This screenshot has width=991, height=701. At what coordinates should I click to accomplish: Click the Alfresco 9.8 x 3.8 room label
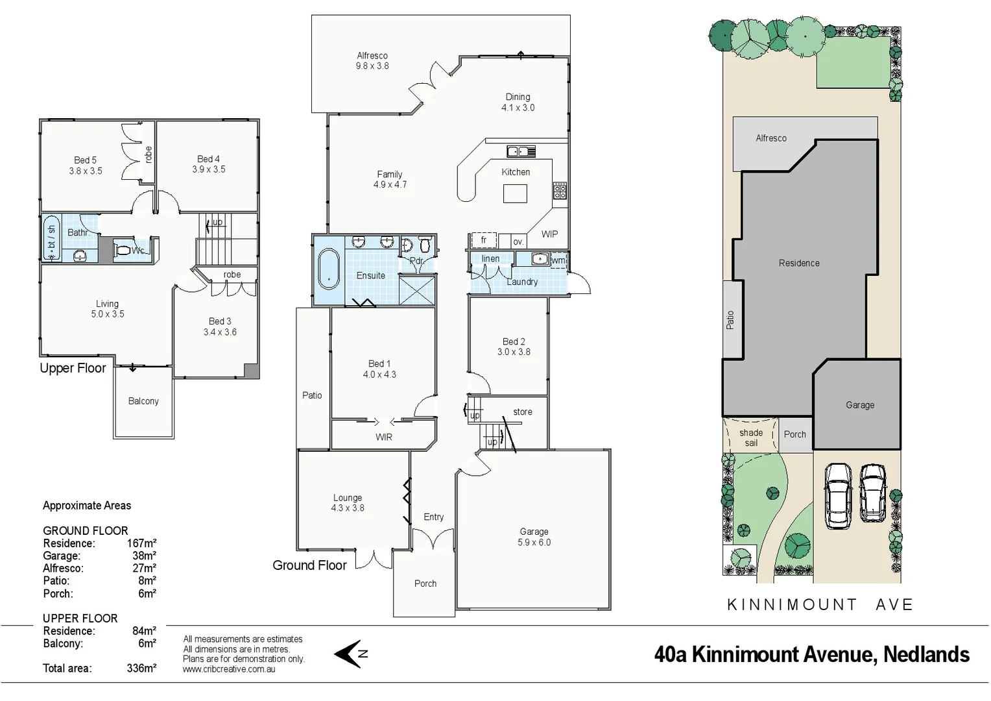point(372,61)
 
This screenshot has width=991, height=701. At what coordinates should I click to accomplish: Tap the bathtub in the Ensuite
point(329,269)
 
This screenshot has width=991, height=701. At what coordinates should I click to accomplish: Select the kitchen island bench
point(515,193)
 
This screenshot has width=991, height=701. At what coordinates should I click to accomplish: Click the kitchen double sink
point(521,152)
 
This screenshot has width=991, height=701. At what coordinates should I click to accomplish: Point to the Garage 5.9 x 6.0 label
point(534,537)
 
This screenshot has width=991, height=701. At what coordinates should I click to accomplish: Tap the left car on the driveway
point(838,496)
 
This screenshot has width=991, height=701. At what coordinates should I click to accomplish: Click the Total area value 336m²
point(141,668)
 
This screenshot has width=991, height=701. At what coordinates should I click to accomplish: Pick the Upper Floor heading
point(73,368)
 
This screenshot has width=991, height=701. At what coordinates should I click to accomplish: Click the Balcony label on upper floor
point(143,401)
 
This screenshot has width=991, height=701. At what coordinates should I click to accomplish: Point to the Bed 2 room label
point(514,347)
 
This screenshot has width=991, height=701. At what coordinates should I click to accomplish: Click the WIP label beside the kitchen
point(549,234)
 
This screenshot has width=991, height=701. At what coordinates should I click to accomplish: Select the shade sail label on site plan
point(751,437)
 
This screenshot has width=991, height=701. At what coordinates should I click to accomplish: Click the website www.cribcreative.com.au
point(229,669)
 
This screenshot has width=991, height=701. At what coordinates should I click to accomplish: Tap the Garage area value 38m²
point(144,556)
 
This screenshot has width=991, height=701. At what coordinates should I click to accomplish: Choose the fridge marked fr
point(483,240)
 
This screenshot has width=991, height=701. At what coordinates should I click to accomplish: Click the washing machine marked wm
point(558,260)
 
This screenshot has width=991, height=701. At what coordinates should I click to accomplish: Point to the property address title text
point(811,654)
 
